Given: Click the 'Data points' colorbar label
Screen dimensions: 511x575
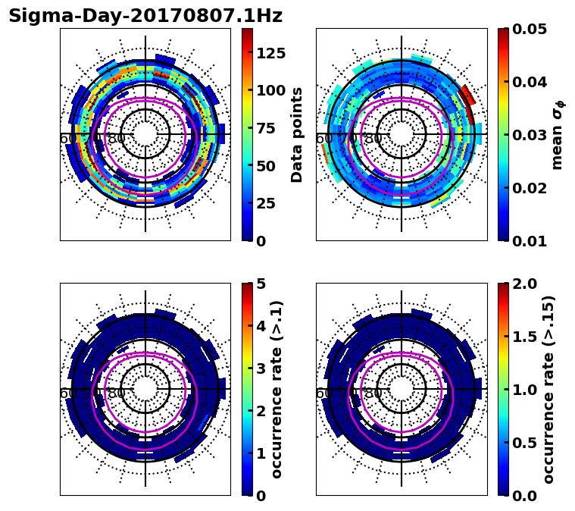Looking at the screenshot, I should (x=297, y=134).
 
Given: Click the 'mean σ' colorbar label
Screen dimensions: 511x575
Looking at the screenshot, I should (x=557, y=134).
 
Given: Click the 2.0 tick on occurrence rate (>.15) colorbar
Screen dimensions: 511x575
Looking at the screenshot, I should (x=521, y=284).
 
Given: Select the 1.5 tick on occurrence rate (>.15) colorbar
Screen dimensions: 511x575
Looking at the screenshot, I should (x=521, y=337).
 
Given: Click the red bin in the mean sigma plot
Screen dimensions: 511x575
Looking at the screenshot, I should (x=467, y=96).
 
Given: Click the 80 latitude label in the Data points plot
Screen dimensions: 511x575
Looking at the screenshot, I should (x=117, y=139).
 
